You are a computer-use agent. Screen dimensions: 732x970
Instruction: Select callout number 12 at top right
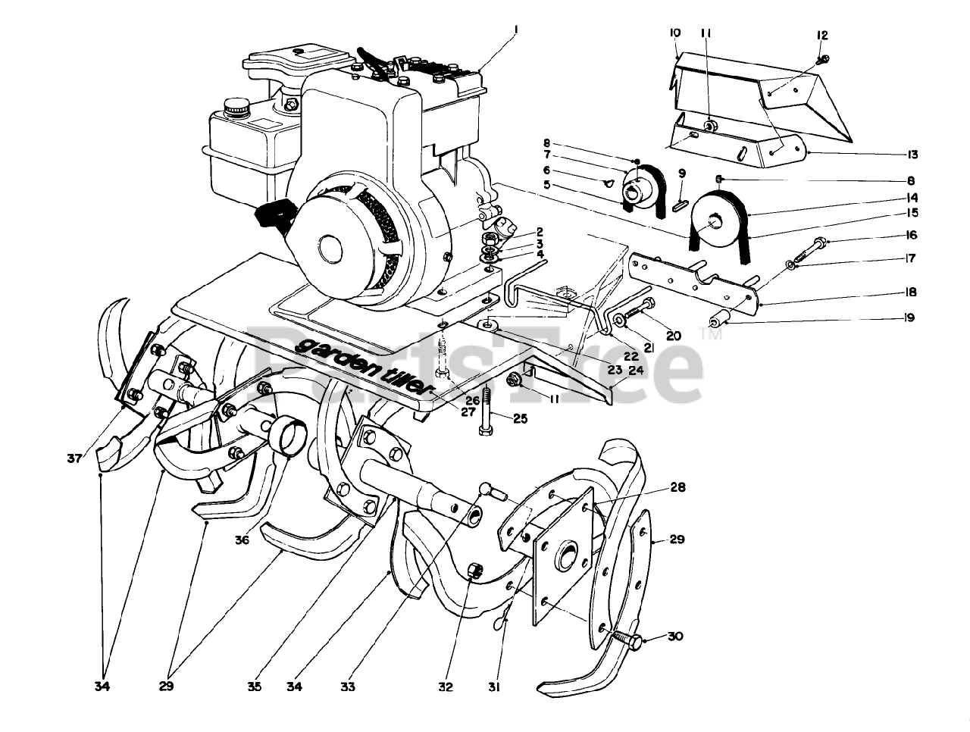(x=823, y=35)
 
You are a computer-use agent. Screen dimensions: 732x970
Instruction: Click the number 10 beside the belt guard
(x=675, y=33)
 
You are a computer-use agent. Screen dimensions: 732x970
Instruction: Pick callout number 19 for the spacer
(x=909, y=318)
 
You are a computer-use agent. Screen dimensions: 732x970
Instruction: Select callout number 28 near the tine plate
(x=677, y=487)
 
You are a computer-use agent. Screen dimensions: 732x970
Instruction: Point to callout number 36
(x=242, y=540)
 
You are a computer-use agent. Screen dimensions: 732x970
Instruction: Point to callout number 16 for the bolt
(x=911, y=236)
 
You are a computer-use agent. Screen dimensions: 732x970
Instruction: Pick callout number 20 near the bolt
(x=673, y=334)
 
